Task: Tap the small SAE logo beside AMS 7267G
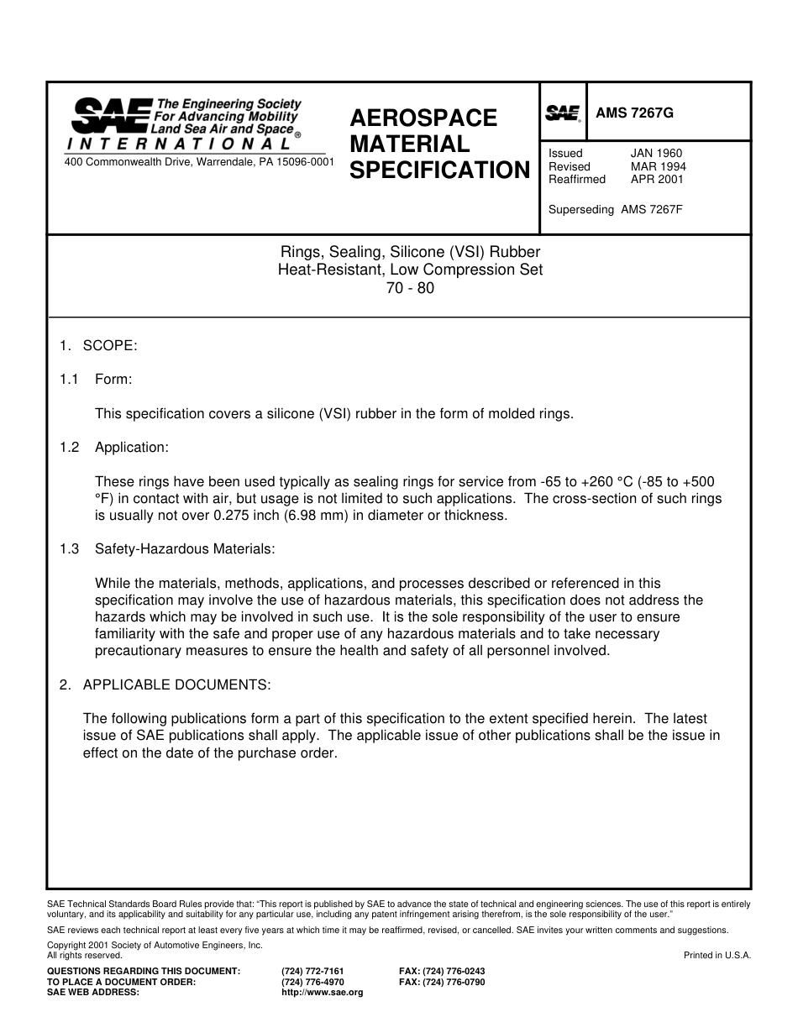tap(563, 113)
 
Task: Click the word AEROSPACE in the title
tap(423, 118)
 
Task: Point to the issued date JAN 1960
tap(656, 154)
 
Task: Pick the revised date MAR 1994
tap(658, 166)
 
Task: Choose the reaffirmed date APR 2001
tap(657, 179)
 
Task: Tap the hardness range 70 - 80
tap(410, 288)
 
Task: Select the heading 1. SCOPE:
tap(98, 345)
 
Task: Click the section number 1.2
tap(69, 448)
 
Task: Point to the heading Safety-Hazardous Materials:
tap(185, 549)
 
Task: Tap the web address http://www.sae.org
tap(322, 992)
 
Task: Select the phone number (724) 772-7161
tap(312, 971)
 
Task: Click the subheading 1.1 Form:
tap(96, 380)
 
